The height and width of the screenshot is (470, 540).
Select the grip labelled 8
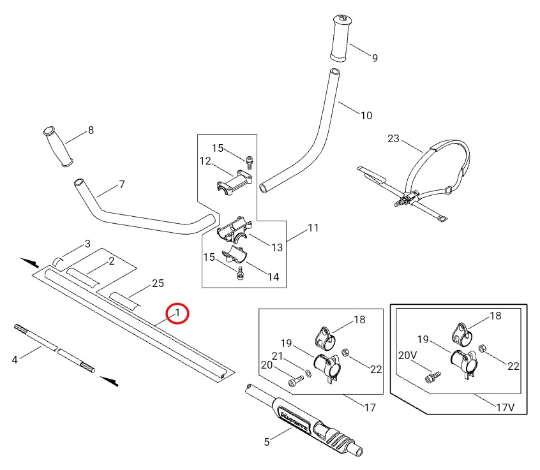57,147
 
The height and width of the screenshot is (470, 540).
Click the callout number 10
366,115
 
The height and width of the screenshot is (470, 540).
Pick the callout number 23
393,138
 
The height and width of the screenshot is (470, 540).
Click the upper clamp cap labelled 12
234,180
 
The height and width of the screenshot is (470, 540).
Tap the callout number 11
313,228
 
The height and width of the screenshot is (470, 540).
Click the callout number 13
276,247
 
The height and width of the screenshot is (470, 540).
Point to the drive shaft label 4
15,360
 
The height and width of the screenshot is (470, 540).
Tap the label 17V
504,406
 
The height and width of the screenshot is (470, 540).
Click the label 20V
407,355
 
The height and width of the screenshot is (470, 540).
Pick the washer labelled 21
310,374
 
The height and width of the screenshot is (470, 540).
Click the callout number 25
158,283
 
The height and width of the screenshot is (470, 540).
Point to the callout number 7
121,184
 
